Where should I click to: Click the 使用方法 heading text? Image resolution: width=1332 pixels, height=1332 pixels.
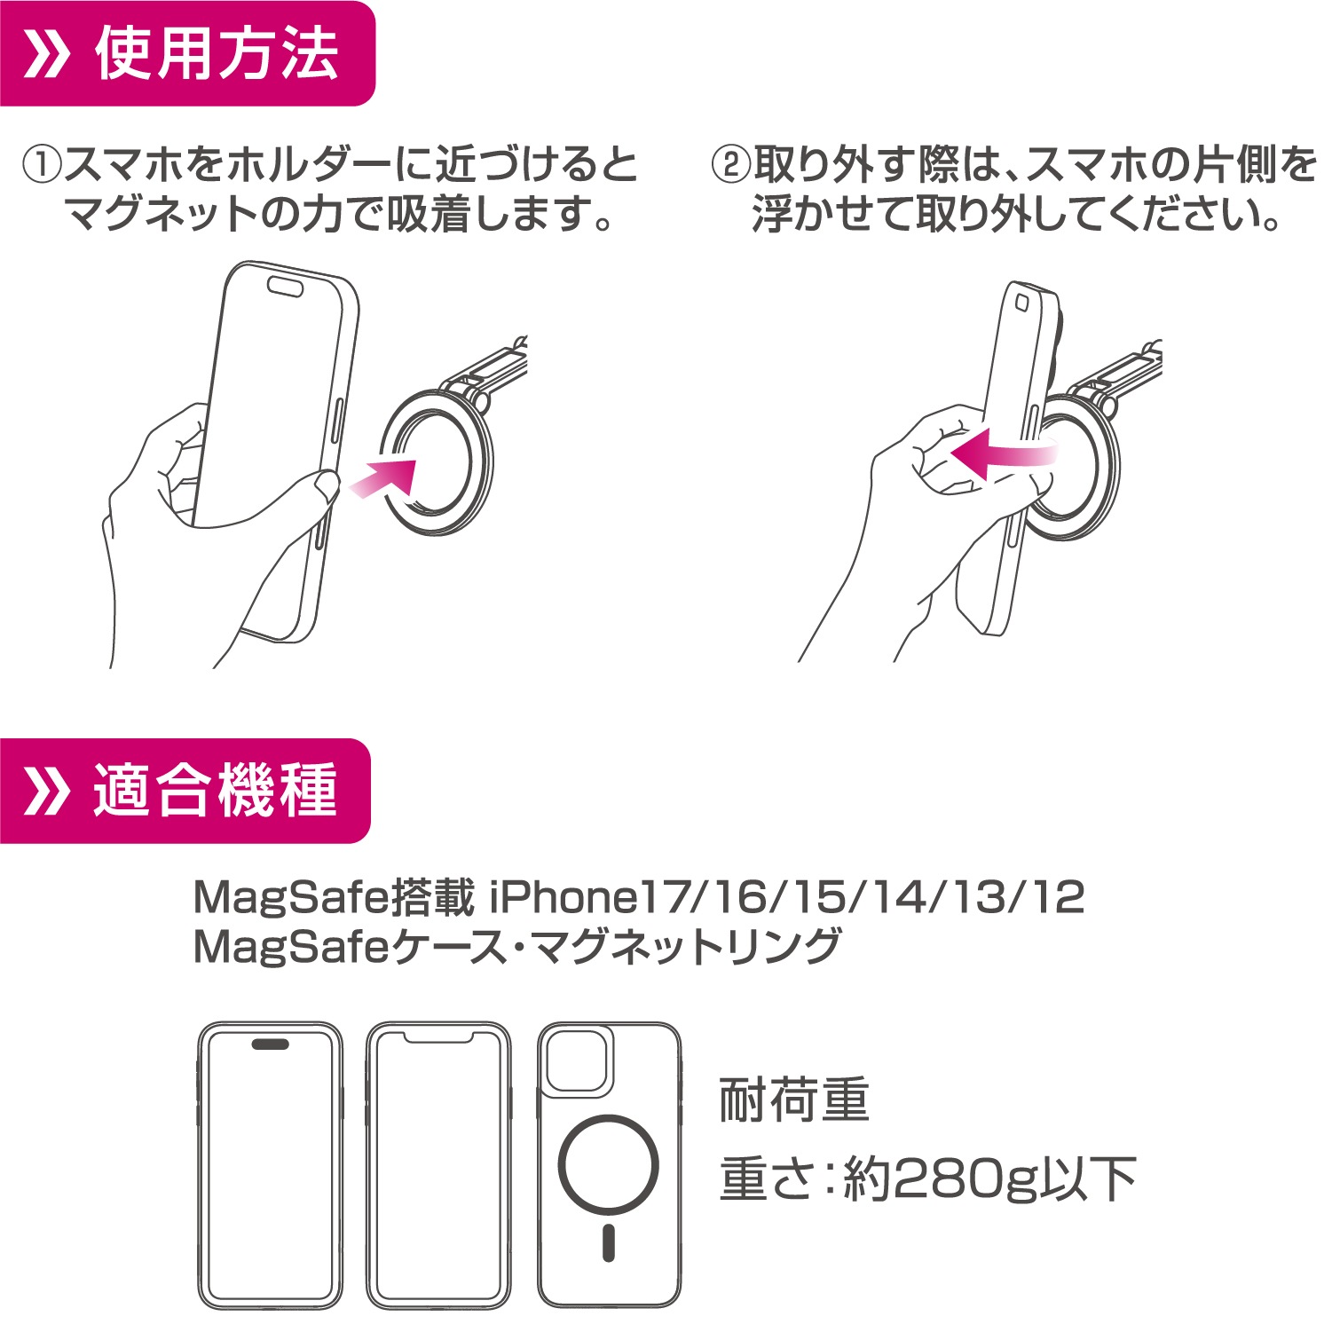217,54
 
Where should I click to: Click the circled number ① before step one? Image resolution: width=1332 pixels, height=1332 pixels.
42,166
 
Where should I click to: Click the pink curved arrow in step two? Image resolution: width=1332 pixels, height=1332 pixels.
1003,452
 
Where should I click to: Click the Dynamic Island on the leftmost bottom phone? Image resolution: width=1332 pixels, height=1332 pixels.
270,1044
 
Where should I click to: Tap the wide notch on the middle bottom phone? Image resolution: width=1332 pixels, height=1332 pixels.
439,1036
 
